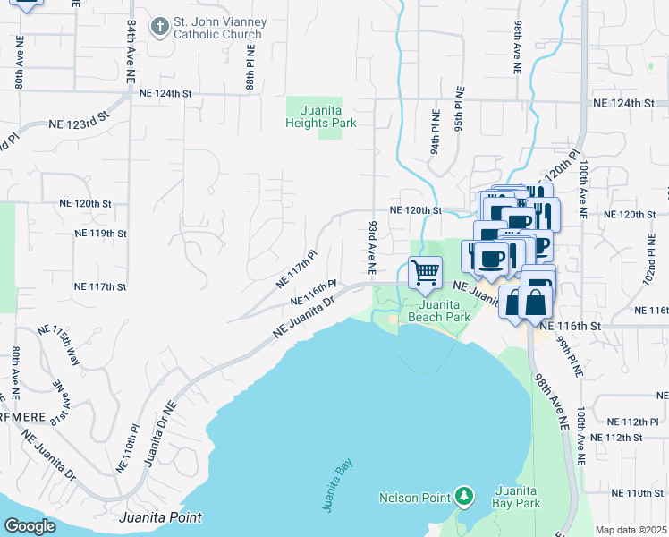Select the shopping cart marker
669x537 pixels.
(x=426, y=270)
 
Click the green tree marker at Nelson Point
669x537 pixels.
(x=463, y=496)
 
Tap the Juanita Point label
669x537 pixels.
(x=160, y=517)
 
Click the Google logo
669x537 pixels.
(x=30, y=525)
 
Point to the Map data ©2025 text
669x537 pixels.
(x=630, y=530)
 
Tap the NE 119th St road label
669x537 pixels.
(x=99, y=233)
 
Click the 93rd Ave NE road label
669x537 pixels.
(x=371, y=248)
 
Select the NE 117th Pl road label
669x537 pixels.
(x=297, y=268)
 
